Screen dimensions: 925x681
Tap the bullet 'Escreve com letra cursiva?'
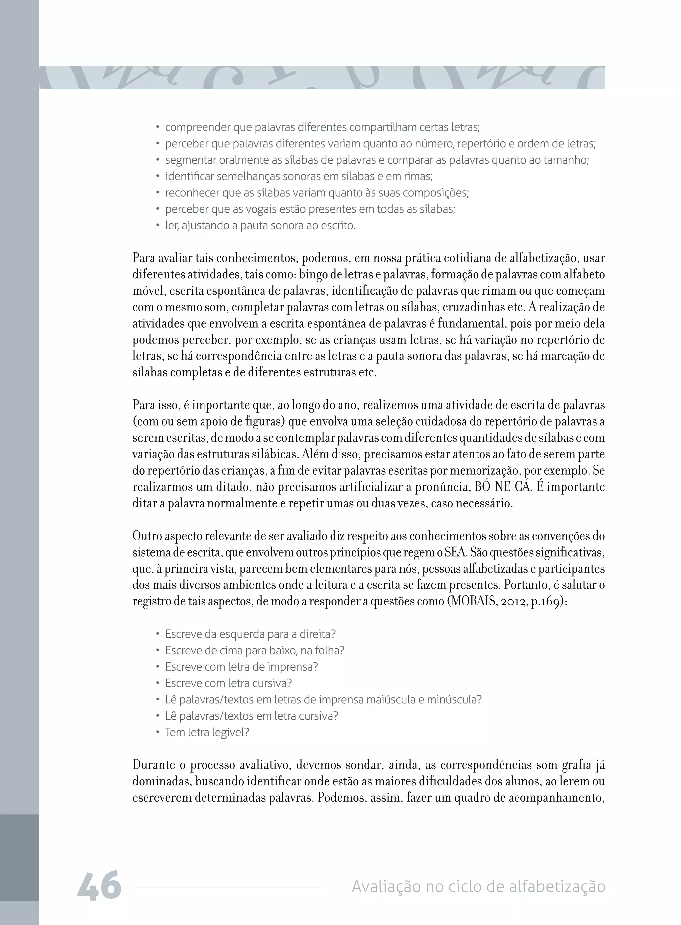point(228,683)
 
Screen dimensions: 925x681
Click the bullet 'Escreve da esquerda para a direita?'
point(250,634)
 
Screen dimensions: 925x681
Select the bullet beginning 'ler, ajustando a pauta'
point(260,226)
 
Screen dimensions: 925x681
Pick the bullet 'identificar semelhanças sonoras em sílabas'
point(299,177)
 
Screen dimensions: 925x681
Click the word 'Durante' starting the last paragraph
point(153,765)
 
